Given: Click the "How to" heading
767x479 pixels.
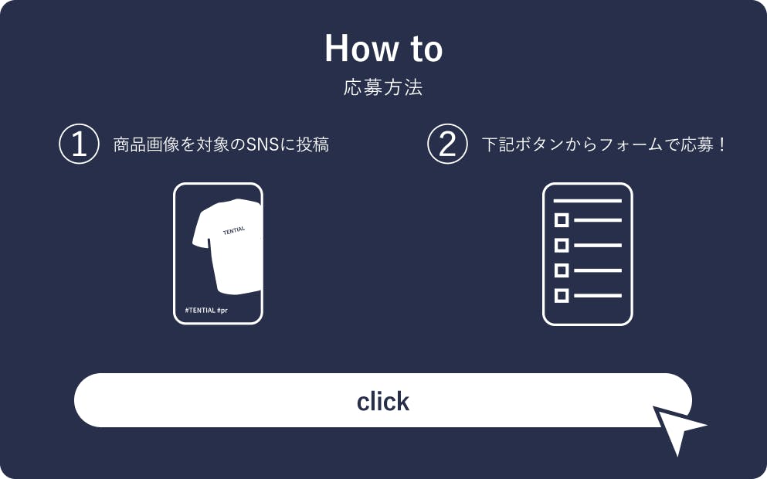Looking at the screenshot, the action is [383, 48].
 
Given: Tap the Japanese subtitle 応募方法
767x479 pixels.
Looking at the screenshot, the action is [383, 87].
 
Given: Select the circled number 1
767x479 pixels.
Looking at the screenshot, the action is [80, 144].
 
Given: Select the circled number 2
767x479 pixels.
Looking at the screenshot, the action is [447, 144].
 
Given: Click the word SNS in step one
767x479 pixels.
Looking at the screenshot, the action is [262, 144].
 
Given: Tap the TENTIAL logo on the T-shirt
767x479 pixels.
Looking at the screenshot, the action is [234, 230].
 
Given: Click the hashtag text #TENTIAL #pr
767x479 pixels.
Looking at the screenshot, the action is [206, 311].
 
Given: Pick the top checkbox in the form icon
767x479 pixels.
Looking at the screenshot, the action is [562, 220].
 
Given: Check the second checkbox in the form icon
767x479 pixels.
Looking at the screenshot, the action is [562, 245].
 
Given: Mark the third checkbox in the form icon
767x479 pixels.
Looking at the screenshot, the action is [562, 270].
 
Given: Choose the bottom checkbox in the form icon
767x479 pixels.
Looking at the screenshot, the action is [562, 296].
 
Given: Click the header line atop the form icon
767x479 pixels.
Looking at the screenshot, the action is [588, 201].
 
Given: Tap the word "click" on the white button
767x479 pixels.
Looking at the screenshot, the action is [383, 401].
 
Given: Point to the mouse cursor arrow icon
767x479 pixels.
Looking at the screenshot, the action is [677, 427].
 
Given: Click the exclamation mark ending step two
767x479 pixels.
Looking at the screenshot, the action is [722, 144].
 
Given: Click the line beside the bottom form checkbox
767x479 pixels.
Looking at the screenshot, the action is [598, 296].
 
